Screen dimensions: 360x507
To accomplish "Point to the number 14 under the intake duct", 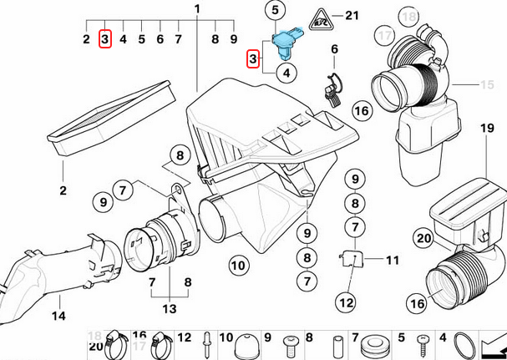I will tap(58, 316).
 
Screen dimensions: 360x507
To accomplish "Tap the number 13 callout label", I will tap(170, 309).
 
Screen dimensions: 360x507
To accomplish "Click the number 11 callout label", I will tap(393, 261).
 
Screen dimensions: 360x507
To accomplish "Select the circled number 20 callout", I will tap(423, 239).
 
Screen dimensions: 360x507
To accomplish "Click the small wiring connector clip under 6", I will tap(332, 87).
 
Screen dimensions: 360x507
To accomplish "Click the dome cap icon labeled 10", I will tap(246, 344).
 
